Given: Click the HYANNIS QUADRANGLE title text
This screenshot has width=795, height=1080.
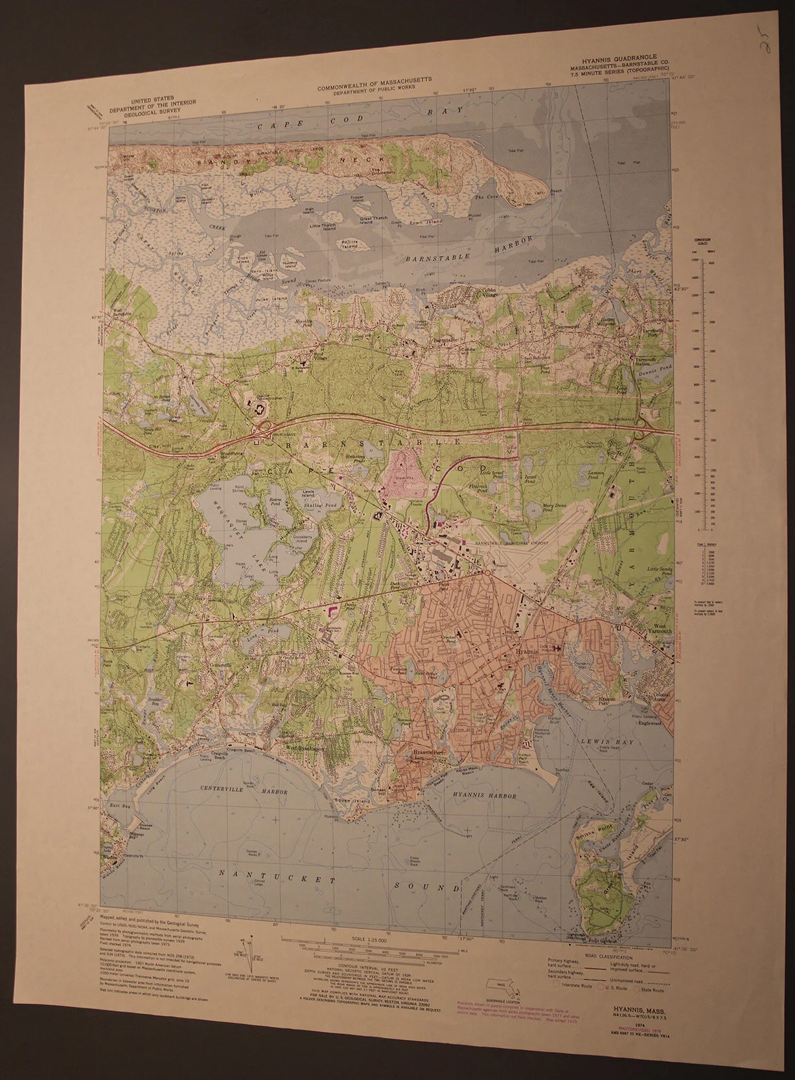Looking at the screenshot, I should pyautogui.click(x=604, y=66).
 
